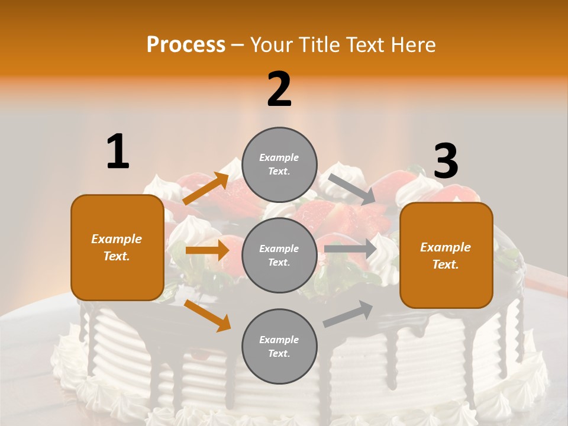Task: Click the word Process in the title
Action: (x=186, y=45)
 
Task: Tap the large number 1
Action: (x=118, y=151)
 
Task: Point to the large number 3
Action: (x=446, y=161)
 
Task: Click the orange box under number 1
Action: (x=117, y=247)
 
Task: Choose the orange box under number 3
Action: (x=446, y=255)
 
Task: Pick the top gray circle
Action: (x=279, y=164)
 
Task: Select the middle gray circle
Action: (x=279, y=255)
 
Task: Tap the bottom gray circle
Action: (x=279, y=346)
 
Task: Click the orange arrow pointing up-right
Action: (x=206, y=189)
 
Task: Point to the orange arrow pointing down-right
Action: (x=207, y=315)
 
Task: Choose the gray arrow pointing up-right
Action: (x=348, y=314)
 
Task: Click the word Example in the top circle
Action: (x=279, y=157)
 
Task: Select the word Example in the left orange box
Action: (x=117, y=239)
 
